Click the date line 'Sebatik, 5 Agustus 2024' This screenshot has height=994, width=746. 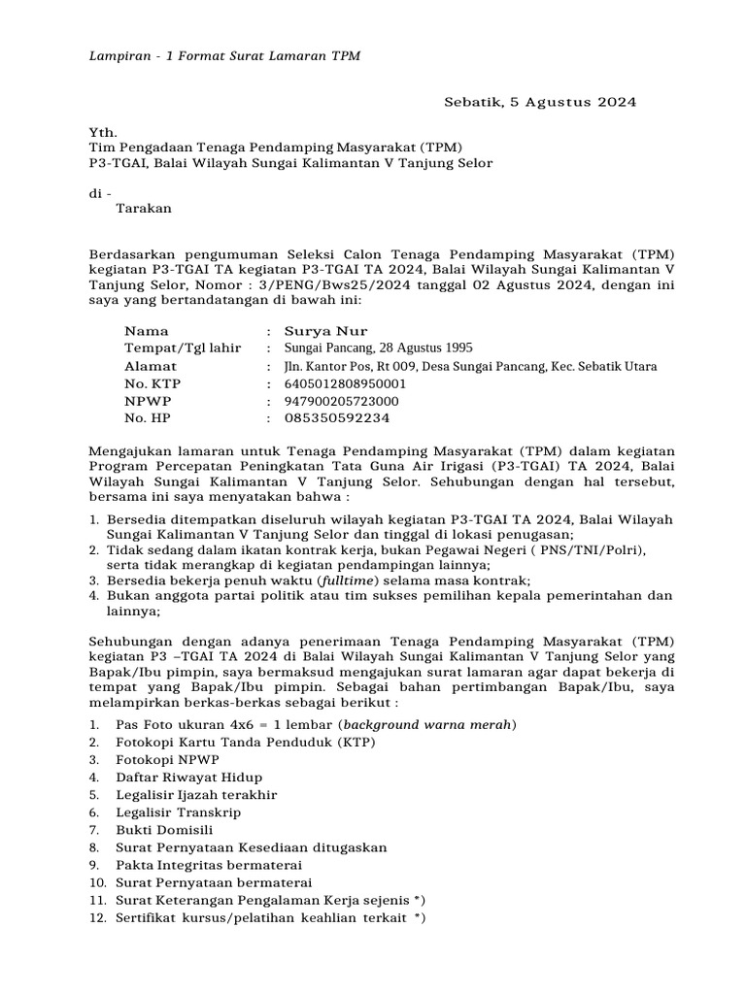click(540, 102)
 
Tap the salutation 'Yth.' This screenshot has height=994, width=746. click(102, 132)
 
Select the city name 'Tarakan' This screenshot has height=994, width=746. click(143, 208)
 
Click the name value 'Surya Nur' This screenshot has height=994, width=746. click(325, 331)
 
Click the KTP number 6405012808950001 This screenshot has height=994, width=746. click(345, 383)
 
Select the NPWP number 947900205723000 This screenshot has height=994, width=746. click(341, 401)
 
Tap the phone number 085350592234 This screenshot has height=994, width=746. click(337, 418)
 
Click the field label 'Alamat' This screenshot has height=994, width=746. click(151, 366)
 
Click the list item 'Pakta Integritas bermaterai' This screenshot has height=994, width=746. click(209, 865)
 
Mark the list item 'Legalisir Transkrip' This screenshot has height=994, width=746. click(178, 812)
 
